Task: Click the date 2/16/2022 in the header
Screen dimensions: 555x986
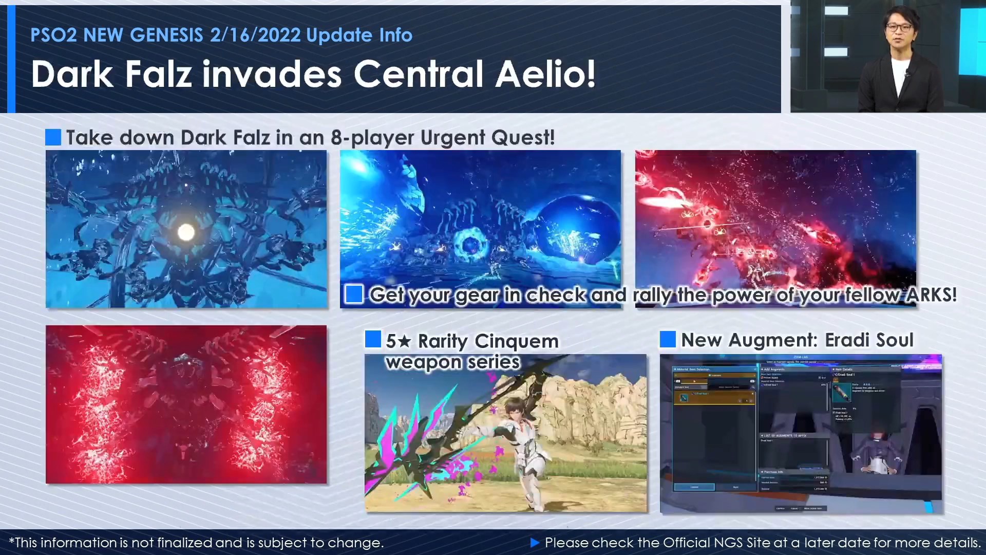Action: tap(255, 35)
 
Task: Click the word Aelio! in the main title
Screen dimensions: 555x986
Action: tap(545, 74)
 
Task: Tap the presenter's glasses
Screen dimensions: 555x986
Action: tap(898, 27)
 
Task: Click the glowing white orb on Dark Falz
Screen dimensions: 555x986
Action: tap(186, 232)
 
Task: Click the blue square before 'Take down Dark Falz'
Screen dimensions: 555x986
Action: tap(53, 137)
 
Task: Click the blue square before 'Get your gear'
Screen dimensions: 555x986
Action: tap(354, 294)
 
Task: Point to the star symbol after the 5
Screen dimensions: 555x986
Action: tap(405, 341)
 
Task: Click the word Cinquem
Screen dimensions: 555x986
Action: tap(516, 341)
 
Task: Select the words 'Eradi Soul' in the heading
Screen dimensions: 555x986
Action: tap(869, 340)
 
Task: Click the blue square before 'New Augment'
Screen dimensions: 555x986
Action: tap(668, 339)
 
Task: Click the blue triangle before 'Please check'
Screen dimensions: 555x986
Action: tap(535, 542)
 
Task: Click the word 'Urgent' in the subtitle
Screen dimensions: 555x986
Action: tap(452, 138)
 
